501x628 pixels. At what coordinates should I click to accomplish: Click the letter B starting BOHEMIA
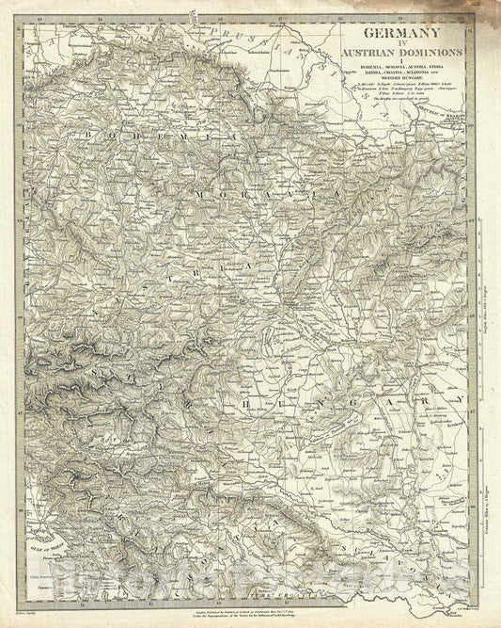click(x=86, y=136)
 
